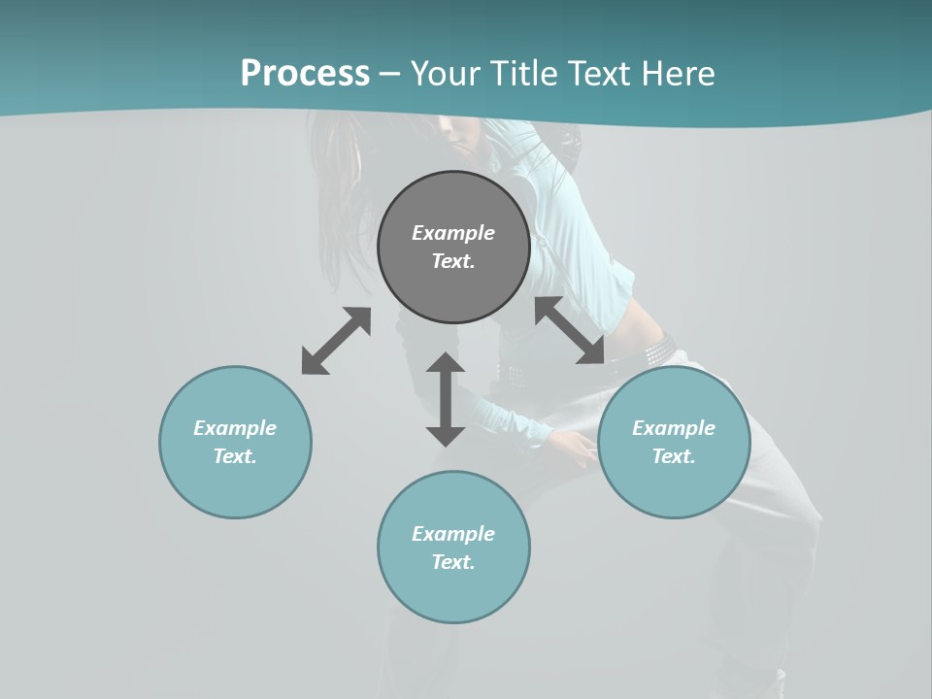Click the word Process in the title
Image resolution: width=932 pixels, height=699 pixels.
(305, 73)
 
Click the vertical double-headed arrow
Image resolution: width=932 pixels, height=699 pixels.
(446, 399)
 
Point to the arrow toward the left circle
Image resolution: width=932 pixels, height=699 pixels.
(336, 341)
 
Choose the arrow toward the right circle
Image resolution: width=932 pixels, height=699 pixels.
(570, 330)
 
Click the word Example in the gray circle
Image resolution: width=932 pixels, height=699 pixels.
(453, 233)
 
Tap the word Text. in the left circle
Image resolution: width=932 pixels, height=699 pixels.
(235, 456)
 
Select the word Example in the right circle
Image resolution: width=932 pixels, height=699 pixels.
(674, 428)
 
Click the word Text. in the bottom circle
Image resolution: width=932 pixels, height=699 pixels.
(453, 562)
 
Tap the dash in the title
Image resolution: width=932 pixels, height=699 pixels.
(390, 74)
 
